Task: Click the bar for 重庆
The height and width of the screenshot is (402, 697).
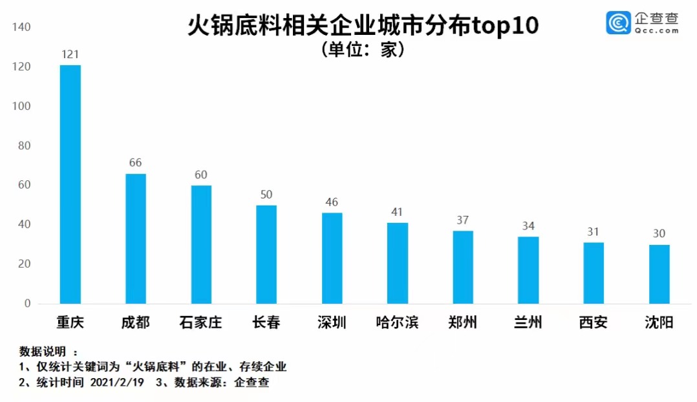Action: [70, 184]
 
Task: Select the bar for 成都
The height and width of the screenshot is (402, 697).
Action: [135, 238]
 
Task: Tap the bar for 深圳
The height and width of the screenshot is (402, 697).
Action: [332, 259]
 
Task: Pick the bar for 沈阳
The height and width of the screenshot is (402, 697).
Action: [659, 274]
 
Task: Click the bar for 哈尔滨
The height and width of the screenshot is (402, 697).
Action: [397, 263]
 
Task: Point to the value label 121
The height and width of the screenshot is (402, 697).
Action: [70, 54]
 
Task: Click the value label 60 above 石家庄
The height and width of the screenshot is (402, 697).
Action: [201, 175]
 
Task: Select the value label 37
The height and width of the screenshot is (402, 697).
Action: [462, 220]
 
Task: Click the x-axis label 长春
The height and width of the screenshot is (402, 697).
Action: [266, 322]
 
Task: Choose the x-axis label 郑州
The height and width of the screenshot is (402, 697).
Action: [462, 322]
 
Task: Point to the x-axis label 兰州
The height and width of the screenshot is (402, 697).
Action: [528, 322]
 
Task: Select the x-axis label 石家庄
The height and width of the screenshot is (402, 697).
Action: [200, 322]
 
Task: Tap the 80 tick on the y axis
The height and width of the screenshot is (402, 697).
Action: [24, 146]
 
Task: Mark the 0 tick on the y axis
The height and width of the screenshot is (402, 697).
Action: [27, 304]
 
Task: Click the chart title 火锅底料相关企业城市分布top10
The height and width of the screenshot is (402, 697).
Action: [363, 26]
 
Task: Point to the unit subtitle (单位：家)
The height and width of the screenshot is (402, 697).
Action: [363, 50]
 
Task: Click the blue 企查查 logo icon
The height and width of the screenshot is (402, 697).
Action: [618, 23]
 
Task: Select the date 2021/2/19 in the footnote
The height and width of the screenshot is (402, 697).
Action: [116, 383]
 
